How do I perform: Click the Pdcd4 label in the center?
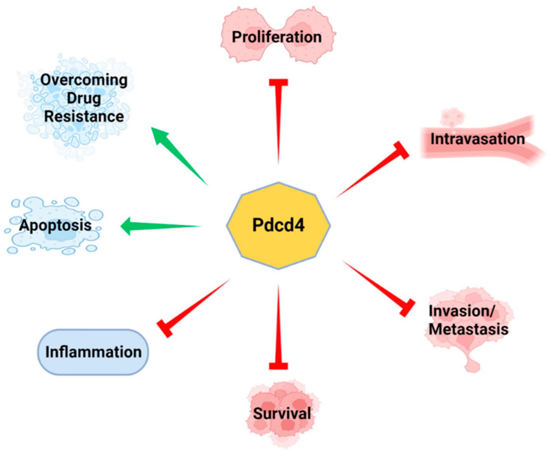coord(278,225)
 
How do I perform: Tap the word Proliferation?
coord(277,37)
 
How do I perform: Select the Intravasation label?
coord(477,139)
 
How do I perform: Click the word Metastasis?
coord(468,330)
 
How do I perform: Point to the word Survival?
coord(282,414)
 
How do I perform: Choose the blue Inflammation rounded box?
coord(93,352)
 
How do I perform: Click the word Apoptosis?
coord(55,225)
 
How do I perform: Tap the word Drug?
coord(84,98)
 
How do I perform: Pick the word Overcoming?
coord(84,80)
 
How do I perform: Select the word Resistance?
coord(84,117)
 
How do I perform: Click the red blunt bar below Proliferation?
coord(278,82)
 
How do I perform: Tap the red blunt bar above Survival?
coord(278,366)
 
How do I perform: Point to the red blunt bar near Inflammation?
coord(165,329)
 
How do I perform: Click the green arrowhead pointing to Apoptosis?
coord(128,226)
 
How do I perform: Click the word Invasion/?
coord(461,311)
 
